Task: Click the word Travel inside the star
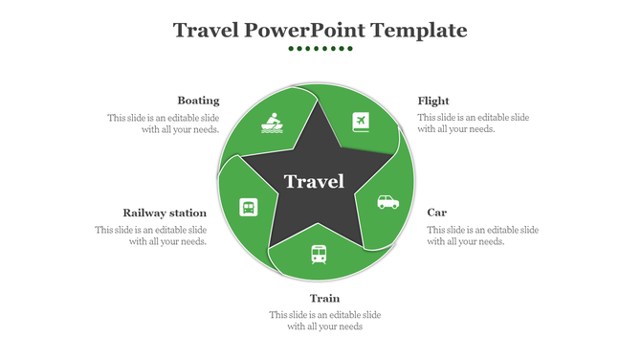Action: click(314, 182)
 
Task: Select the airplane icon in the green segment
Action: click(361, 122)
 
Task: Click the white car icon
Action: click(387, 202)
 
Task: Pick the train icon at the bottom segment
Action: click(318, 254)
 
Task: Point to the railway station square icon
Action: click(248, 207)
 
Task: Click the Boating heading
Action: click(198, 101)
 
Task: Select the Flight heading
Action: click(433, 101)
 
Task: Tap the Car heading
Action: click(436, 212)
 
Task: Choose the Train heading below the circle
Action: click(324, 298)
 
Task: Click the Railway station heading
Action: click(165, 213)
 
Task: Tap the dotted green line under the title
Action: click(320, 48)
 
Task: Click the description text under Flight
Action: click(473, 124)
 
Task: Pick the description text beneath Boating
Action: click(164, 124)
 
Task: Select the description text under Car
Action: click(482, 236)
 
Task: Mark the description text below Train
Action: click(324, 321)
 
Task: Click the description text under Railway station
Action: click(151, 236)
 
